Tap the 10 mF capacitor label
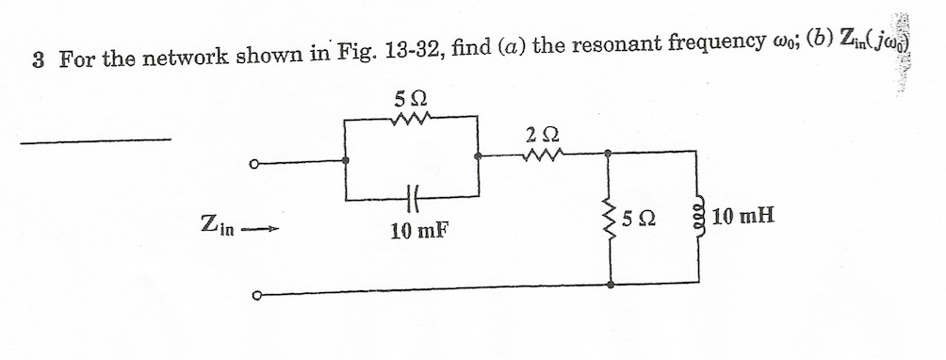coord(414,227)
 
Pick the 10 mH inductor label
coord(744,219)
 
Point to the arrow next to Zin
coord(261,226)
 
